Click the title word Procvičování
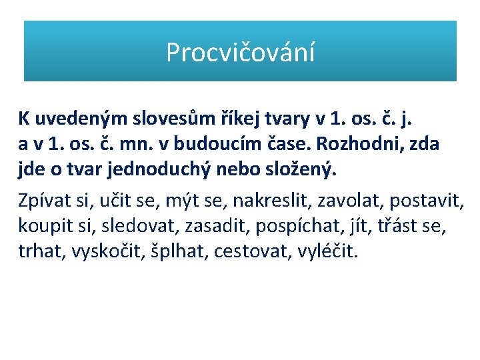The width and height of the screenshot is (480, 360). pyautogui.click(x=240, y=52)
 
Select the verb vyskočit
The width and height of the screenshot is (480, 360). pyautogui.click(x=112, y=252)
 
